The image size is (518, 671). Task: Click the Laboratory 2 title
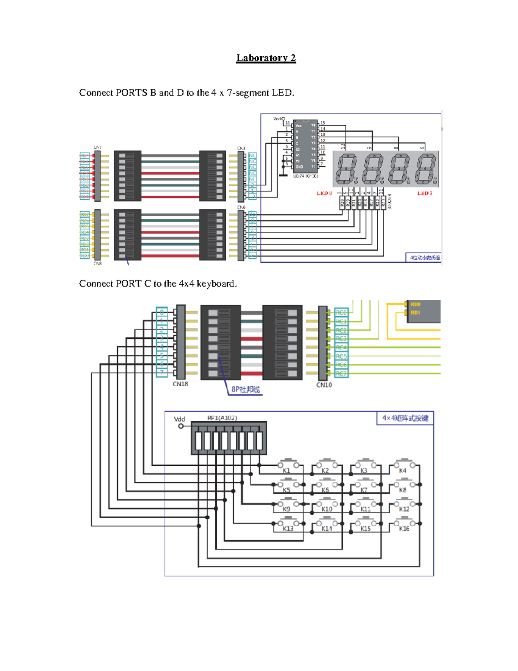[266, 58]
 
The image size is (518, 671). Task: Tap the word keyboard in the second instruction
[216, 284]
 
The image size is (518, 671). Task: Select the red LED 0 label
[324, 193]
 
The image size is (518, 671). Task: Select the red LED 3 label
[424, 193]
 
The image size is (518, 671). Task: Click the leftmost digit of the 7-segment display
[347, 169]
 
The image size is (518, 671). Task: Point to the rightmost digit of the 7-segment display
[426, 169]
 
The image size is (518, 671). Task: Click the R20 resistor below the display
[342, 203]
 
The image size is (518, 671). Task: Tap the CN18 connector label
[180, 384]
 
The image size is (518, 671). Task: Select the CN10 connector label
[324, 385]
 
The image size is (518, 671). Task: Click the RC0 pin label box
[341, 312]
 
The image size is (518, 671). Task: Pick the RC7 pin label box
[341, 374]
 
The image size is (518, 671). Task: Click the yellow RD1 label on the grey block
[415, 312]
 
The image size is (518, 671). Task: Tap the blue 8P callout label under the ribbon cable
[245, 390]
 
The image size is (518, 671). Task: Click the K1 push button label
[286, 471]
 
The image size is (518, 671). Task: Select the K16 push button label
[404, 528]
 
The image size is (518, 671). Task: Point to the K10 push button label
[327, 509]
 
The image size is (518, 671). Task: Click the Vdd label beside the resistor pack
[179, 419]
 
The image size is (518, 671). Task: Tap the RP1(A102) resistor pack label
[222, 418]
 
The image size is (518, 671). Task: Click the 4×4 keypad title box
[405, 418]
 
